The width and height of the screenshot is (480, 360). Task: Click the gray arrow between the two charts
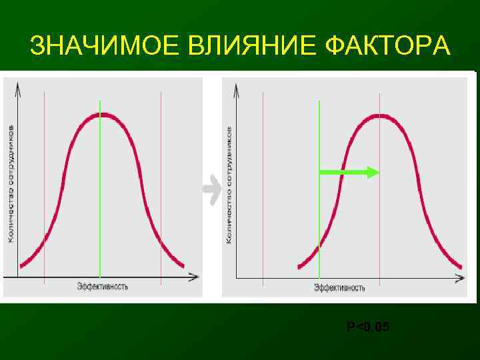(x=212, y=191)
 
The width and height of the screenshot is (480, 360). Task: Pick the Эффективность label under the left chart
(x=103, y=287)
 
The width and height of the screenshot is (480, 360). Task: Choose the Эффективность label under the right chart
(x=340, y=287)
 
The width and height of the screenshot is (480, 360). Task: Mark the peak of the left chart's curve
(x=100, y=115)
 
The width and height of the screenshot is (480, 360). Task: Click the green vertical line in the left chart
(x=100, y=200)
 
